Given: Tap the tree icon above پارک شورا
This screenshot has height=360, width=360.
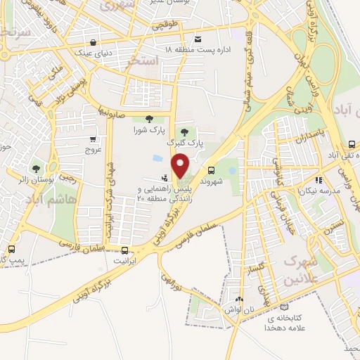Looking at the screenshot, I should [148, 119].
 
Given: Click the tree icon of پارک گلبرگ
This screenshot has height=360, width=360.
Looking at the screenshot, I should [184, 131].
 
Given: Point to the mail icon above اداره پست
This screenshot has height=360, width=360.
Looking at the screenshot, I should [198, 39].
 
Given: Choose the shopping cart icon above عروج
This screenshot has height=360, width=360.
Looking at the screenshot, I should [94, 139].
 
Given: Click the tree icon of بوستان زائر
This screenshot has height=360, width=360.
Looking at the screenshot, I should [36, 168].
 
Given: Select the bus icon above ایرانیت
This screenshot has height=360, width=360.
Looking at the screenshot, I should [125, 250].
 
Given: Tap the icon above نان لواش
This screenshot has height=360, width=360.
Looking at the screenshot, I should [240, 299].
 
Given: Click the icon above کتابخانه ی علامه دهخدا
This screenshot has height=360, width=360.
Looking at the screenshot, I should [284, 307].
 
